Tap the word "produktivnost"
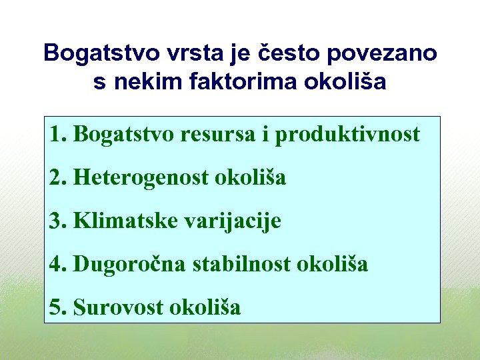click(347, 135)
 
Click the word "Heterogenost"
click(141, 178)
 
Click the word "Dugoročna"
click(130, 264)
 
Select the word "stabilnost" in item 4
click(241, 264)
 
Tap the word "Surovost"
click(119, 307)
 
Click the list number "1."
click(58, 135)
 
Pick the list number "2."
click(58, 178)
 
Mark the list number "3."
click(58, 221)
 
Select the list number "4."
click(58, 264)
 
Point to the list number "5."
click(58, 307)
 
